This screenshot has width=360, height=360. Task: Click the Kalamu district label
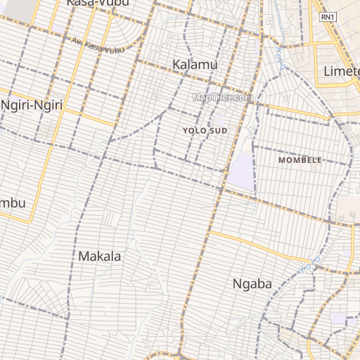click(195, 65)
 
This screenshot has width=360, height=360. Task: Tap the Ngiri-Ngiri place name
click(32, 105)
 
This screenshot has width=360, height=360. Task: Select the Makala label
click(99, 256)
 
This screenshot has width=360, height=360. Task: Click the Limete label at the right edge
click(341, 71)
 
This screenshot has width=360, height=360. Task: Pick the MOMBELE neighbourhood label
click(300, 160)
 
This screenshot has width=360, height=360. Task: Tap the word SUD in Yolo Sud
click(219, 131)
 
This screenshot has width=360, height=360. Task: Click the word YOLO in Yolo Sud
click(195, 131)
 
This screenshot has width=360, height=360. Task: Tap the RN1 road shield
click(328, 16)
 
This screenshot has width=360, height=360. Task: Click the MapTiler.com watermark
click(222, 98)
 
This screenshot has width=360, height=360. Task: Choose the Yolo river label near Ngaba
click(310, 264)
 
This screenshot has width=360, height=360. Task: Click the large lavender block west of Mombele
click(240, 171)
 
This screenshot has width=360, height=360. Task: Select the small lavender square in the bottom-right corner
click(338, 318)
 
